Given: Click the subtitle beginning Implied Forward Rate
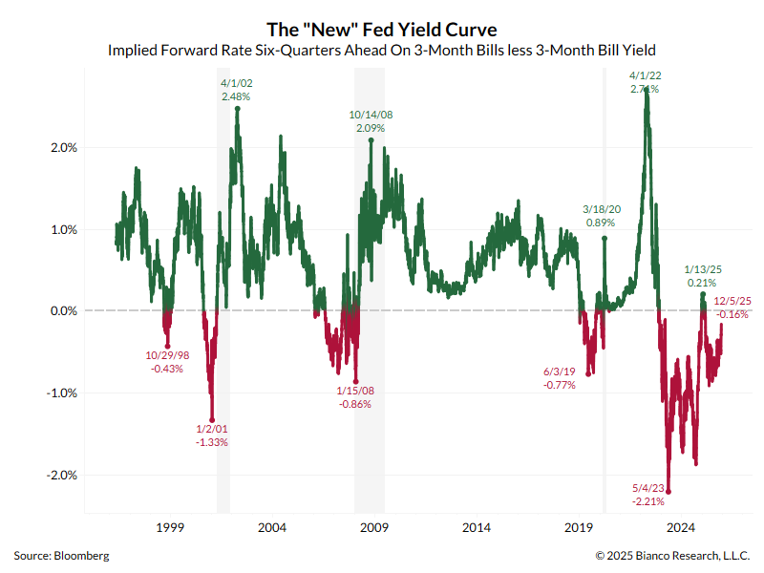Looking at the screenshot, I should coord(381,51).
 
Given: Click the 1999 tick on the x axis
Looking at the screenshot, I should coord(169,528).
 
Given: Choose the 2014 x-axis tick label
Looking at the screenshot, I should coord(477,528).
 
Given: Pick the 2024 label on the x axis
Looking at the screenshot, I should coord(681,528).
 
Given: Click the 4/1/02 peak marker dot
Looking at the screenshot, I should coord(237,109).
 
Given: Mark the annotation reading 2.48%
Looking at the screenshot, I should coord(236,97).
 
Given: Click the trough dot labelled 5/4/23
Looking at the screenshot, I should coord(668,492).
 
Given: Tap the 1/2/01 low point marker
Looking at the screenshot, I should coord(212,419).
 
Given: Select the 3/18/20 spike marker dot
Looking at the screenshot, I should coord(605,238).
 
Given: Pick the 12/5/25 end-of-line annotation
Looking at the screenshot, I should coord(732,302).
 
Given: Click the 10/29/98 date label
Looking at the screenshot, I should coord(167,355).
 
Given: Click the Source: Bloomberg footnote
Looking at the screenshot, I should coord(61,555).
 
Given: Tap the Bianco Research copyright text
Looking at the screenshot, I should coord(672,555).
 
